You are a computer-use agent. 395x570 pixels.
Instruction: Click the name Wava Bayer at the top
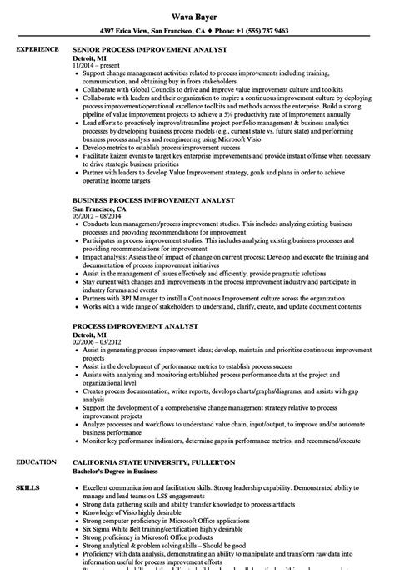click(197, 13)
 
